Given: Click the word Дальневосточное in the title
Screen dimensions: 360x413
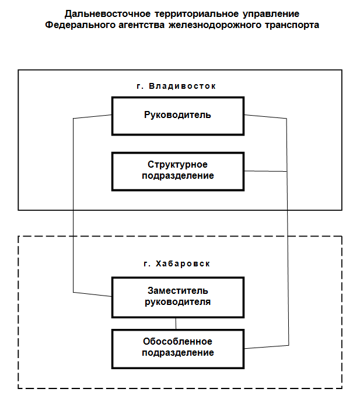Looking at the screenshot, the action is tap(107, 14).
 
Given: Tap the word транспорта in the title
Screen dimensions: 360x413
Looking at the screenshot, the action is tap(292, 25).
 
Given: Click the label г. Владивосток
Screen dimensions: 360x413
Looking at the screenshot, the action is tap(176, 86).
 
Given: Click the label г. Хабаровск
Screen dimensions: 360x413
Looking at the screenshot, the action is tap(177, 264).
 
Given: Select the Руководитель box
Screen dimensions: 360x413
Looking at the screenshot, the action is tap(178, 116).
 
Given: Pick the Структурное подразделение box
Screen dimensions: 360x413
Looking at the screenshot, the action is tap(178, 172).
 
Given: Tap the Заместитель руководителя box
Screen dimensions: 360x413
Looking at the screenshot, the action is tap(178, 297).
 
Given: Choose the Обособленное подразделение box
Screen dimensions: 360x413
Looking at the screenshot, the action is tap(178, 349).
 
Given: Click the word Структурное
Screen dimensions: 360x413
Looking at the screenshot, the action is tap(177, 165).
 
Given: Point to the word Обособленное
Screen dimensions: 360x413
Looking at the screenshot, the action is tap(177, 341).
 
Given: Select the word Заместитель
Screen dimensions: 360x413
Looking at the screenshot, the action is tap(178, 290).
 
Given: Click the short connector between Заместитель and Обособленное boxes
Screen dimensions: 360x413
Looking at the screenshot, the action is tap(176, 324).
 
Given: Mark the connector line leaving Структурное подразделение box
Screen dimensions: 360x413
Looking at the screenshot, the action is tap(265, 172).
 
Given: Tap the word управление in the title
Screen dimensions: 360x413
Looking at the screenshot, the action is tap(271, 14).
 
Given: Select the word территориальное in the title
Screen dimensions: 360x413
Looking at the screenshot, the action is tap(197, 14).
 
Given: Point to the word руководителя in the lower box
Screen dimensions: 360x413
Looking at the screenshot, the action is tap(178, 302).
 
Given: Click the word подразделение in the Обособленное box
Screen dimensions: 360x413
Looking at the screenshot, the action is tap(178, 353).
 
